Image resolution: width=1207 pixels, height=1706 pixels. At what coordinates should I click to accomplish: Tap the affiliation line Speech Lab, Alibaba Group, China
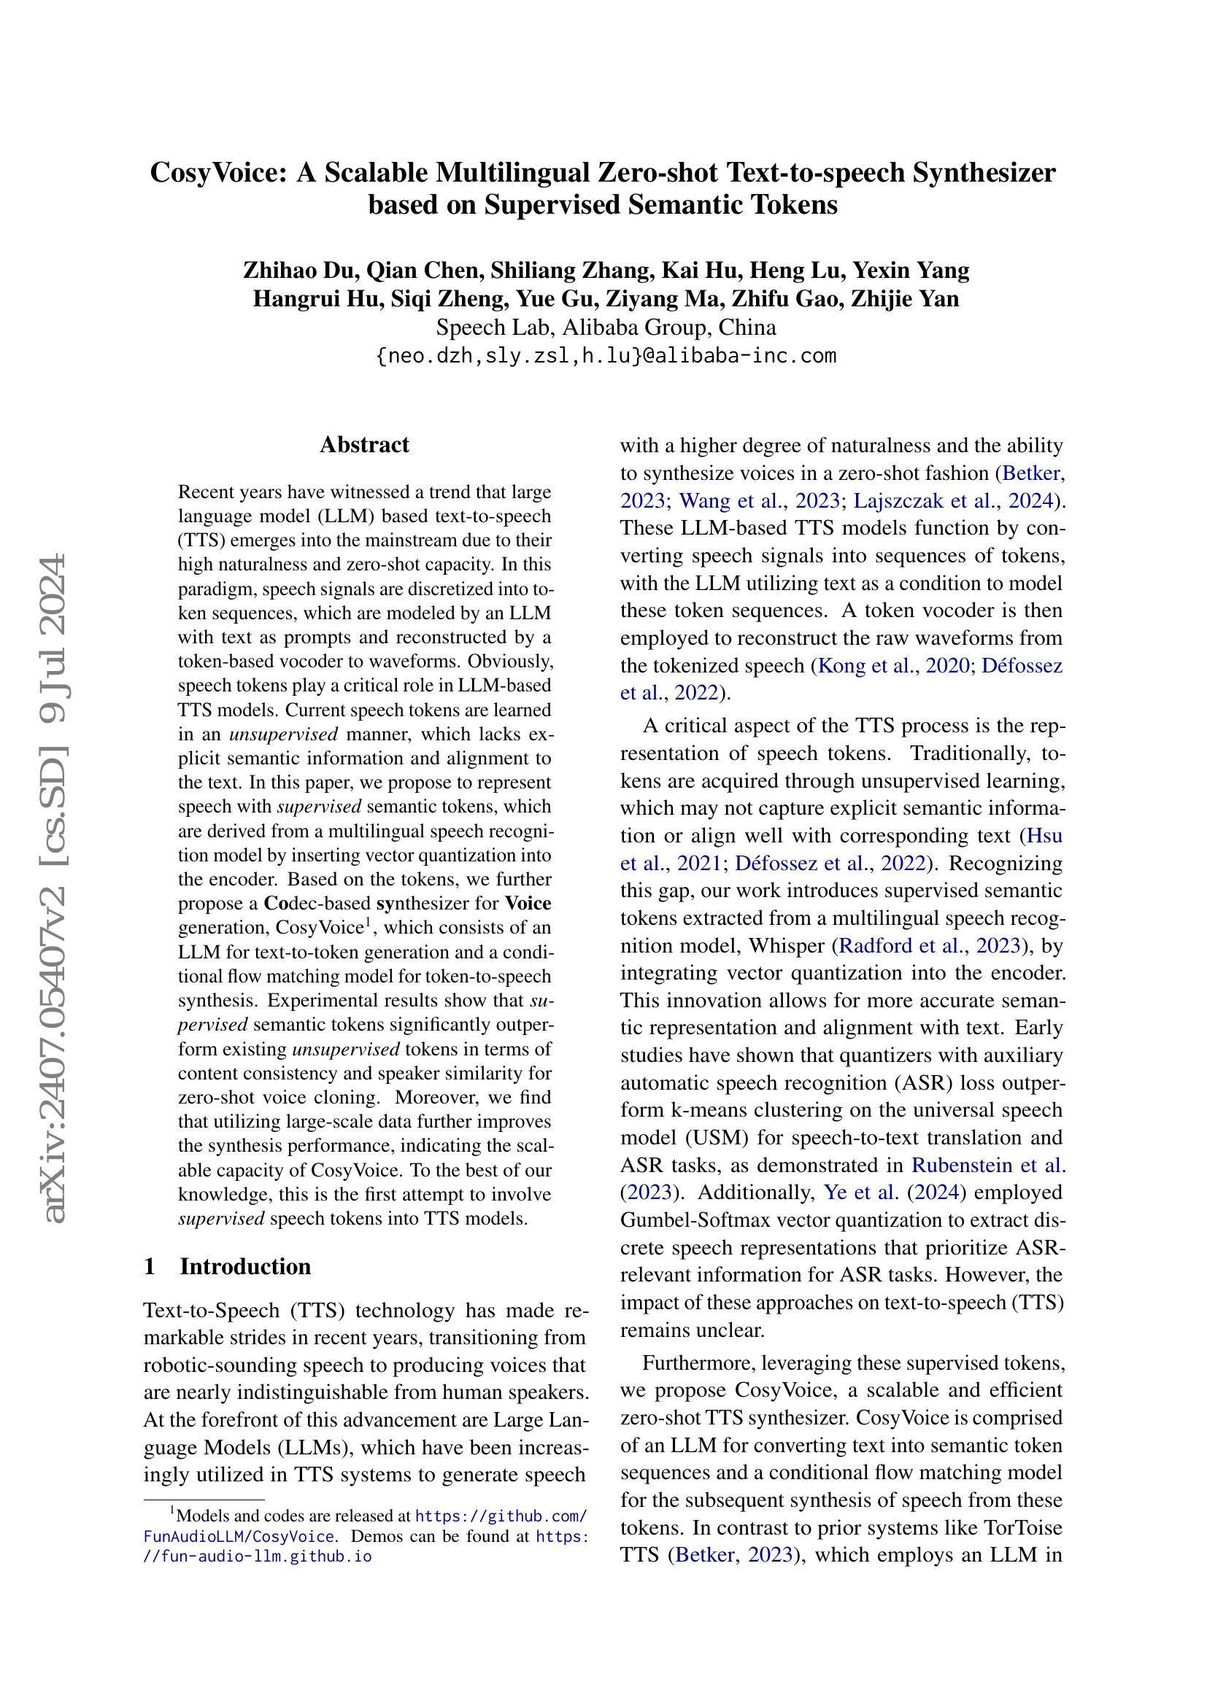pyautogui.click(x=606, y=327)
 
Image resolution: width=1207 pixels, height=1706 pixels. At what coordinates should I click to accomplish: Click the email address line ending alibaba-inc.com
pyautogui.click(x=606, y=356)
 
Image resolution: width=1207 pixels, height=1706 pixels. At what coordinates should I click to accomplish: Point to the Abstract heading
pyautogui.click(x=364, y=444)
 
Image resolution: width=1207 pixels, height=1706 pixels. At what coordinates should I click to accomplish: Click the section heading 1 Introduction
pyautogui.click(x=228, y=1266)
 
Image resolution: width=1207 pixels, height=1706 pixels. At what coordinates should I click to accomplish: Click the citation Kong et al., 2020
pyautogui.click(x=892, y=666)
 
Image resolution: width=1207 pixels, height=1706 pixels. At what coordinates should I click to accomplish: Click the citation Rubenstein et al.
pyautogui.click(x=989, y=1165)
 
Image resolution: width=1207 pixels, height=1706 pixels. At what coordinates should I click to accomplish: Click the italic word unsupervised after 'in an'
pyautogui.click(x=283, y=734)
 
